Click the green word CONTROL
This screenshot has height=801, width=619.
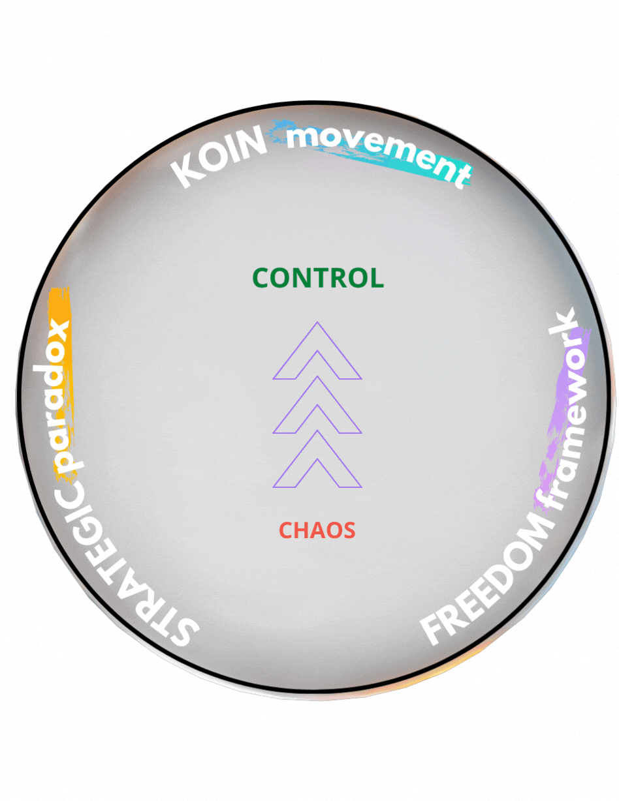[318, 279]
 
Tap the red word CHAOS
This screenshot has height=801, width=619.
[317, 530]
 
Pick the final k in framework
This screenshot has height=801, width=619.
[565, 324]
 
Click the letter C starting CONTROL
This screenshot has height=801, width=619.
[262, 279]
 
